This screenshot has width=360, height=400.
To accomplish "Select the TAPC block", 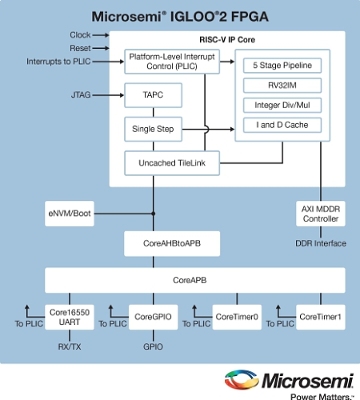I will [151, 98].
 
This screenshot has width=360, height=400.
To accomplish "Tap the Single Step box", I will [151, 129].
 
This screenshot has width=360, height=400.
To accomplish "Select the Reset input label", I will [83, 48].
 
